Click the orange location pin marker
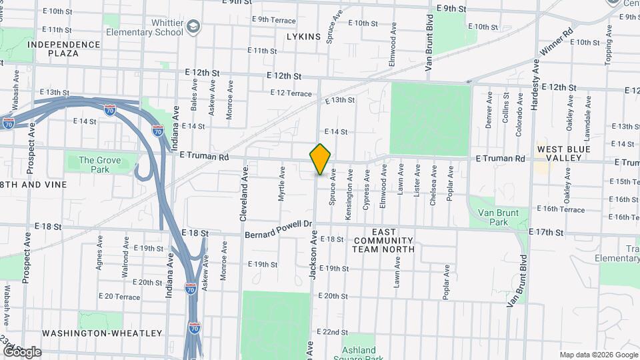tap(320, 159)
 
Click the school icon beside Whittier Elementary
tap(194, 27)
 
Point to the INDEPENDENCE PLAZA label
tap(64, 49)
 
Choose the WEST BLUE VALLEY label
tap(564, 153)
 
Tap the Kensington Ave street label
tap(348, 189)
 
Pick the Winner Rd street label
tap(557, 42)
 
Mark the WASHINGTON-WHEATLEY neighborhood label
tap(102, 333)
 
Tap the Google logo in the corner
tap(21, 351)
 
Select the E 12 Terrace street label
tap(291, 93)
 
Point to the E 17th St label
tap(545, 232)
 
